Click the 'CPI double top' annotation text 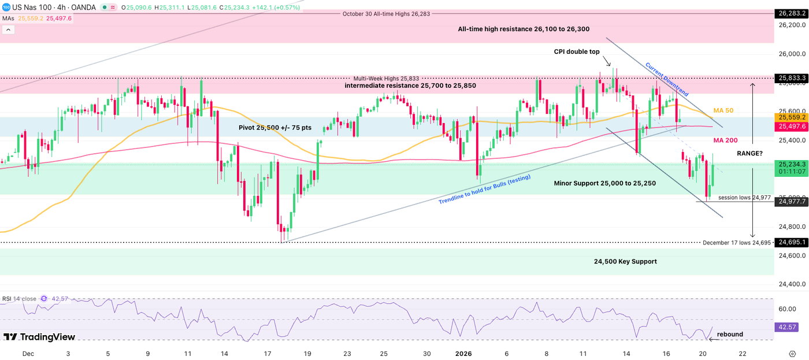(x=577, y=51)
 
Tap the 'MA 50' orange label (x=724, y=110)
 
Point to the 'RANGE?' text (x=749, y=154)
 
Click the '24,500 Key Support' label (x=625, y=261)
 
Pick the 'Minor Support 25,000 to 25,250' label (x=604, y=183)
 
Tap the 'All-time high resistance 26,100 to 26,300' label (x=524, y=29)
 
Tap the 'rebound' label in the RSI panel (x=730, y=334)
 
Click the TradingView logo (x=39, y=337)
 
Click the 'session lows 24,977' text (x=744, y=198)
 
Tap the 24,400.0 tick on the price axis (x=789, y=284)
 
